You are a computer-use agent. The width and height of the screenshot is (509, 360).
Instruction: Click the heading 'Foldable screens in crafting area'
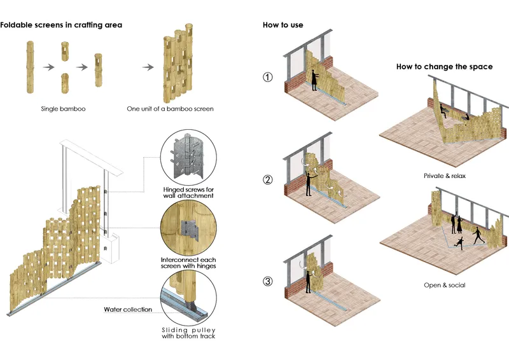61,25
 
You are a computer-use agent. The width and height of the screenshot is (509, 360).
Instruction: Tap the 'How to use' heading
283,25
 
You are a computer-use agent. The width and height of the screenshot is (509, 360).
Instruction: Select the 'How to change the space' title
444,67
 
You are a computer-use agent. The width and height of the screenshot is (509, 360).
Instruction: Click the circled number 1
267,77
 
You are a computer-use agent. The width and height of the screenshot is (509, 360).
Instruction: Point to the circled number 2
267,179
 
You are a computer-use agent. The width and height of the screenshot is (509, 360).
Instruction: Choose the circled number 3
267,281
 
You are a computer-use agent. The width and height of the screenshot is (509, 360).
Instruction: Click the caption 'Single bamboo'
63,109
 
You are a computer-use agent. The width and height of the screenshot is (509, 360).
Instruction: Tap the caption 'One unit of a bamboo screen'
170,109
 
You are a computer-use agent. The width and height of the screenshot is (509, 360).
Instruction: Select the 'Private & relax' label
445,176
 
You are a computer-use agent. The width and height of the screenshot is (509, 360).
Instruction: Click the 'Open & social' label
445,285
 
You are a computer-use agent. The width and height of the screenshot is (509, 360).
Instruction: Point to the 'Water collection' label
128,309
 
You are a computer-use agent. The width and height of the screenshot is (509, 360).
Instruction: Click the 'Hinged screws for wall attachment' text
188,193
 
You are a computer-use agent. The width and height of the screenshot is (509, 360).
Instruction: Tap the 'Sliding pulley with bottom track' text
188,333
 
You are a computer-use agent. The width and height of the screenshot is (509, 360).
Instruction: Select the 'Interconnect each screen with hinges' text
188,263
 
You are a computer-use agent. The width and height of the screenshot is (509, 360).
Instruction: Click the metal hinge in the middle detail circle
190,229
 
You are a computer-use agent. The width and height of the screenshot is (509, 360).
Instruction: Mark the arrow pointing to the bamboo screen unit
148,67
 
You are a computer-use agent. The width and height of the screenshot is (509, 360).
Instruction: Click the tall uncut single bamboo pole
30,67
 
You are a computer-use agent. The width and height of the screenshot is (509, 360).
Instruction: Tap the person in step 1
314,80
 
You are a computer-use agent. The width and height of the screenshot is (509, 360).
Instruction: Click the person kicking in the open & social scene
459,243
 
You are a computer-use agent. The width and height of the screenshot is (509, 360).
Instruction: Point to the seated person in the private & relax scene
443,111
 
